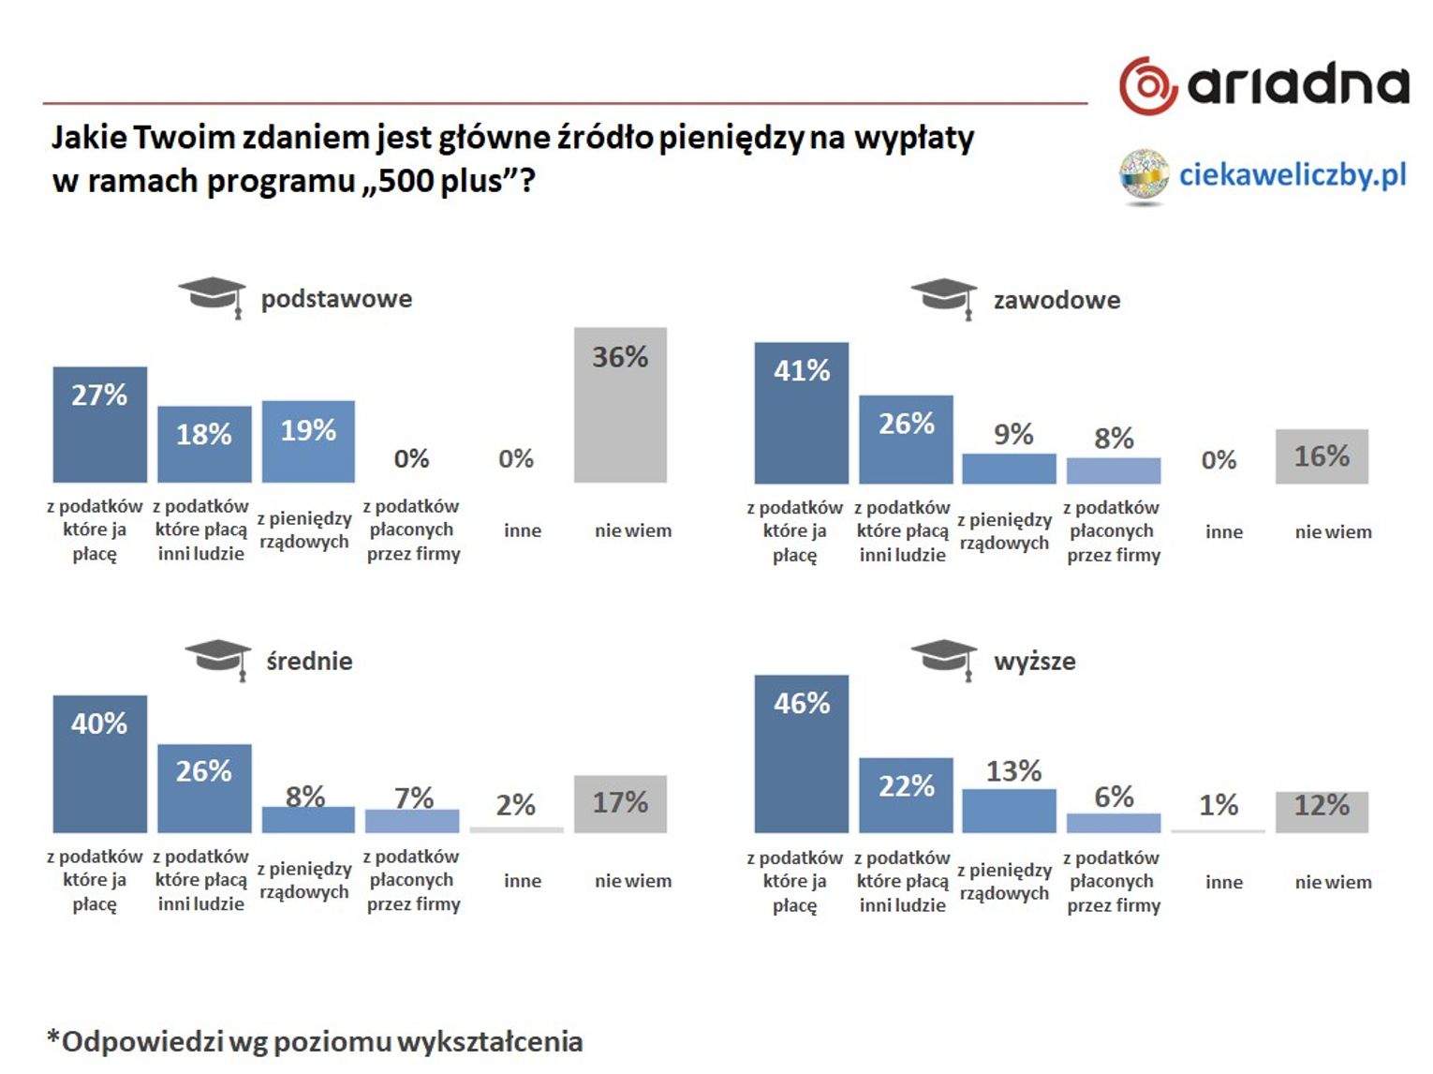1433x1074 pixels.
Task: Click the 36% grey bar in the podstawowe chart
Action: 620,405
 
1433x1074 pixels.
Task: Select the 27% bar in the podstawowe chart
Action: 99,424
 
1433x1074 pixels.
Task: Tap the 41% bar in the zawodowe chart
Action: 801,412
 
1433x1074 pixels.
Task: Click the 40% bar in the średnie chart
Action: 99,763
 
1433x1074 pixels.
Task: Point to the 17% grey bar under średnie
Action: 620,803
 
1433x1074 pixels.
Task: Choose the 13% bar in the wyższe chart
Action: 1009,811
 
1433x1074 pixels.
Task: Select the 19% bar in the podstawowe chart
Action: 308,440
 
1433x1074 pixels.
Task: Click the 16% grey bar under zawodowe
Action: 1321,456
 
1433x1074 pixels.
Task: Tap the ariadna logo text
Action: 1297,85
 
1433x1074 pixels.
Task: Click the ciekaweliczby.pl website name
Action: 1293,174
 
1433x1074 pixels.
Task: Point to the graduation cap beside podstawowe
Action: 213,297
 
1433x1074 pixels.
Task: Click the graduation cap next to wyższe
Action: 944,657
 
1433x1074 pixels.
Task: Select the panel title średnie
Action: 309,661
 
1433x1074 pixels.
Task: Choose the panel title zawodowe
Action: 1056,300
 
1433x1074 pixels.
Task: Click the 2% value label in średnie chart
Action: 515,804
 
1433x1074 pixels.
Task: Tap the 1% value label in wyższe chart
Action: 1219,804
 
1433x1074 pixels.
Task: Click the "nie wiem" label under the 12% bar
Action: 1333,882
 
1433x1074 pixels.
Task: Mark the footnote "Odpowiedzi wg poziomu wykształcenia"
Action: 315,1041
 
